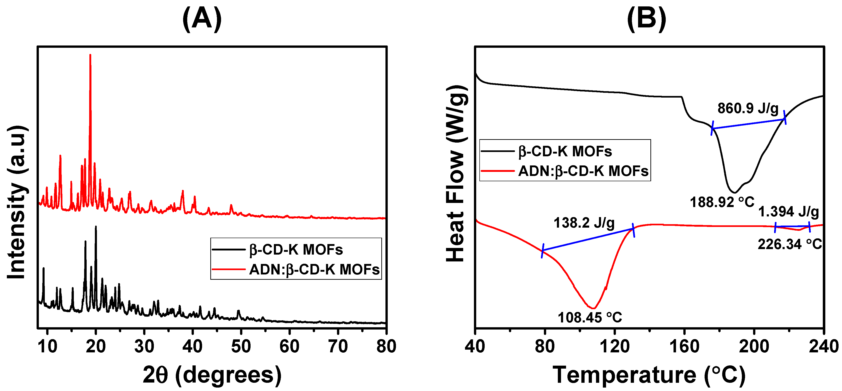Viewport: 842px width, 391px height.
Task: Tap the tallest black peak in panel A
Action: click(x=96, y=227)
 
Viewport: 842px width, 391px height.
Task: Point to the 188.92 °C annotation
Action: click(x=722, y=202)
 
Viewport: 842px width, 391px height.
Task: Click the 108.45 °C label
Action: click(x=590, y=317)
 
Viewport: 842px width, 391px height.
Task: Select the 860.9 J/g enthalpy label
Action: click(x=748, y=109)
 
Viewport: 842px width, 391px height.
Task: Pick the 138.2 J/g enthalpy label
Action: click(x=584, y=223)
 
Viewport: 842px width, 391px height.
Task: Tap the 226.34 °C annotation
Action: click(x=790, y=244)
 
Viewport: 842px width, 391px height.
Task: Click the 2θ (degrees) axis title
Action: click(x=212, y=375)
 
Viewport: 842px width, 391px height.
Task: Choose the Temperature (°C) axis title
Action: click(x=649, y=375)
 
